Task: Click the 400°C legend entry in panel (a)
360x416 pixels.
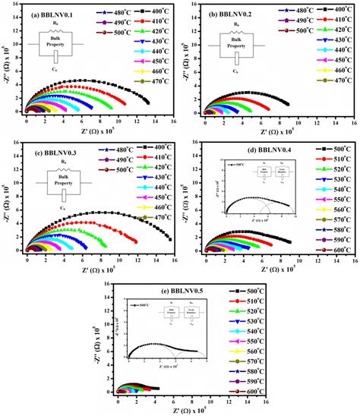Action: (x=153, y=14)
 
